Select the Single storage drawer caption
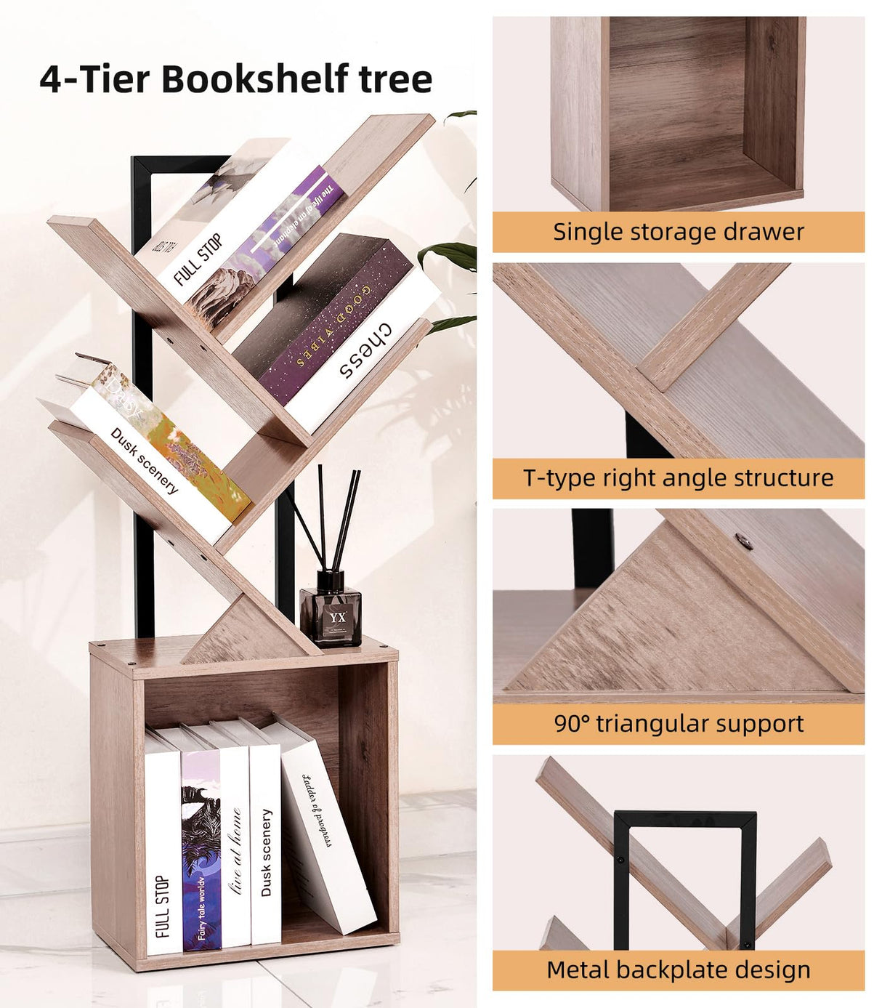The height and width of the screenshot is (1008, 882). (x=678, y=232)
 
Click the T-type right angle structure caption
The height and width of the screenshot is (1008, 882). (x=678, y=478)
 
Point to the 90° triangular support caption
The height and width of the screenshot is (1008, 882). (x=678, y=724)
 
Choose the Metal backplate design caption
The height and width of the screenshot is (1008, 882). (x=678, y=970)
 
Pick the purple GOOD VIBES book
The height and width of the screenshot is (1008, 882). (x=327, y=320)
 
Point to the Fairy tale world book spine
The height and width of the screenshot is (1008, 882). (x=201, y=858)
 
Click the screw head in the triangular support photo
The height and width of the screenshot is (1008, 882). (x=743, y=540)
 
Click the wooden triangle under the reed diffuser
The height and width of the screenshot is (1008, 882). (x=240, y=632)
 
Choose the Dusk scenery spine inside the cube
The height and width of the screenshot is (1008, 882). (x=266, y=850)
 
